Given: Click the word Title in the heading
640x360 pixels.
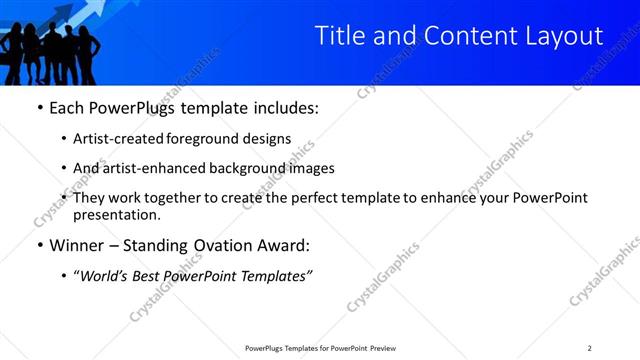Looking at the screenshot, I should point(337,36).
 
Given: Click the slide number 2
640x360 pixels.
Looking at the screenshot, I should point(589,348).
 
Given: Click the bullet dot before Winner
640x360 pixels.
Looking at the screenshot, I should point(39,245).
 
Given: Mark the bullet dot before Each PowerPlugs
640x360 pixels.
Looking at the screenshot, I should point(39,107).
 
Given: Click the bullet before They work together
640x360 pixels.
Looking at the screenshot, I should point(65,199).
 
